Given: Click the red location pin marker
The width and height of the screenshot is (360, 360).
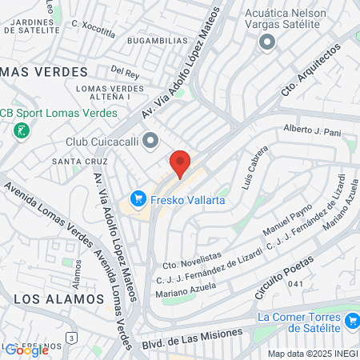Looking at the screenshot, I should click(x=180, y=162).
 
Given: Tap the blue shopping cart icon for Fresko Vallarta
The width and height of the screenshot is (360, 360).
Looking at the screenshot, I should click(x=138, y=197).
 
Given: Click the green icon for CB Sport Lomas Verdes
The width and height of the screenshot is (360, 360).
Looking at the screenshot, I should click(x=21, y=130).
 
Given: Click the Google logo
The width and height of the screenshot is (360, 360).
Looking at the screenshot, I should click(x=26, y=350).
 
